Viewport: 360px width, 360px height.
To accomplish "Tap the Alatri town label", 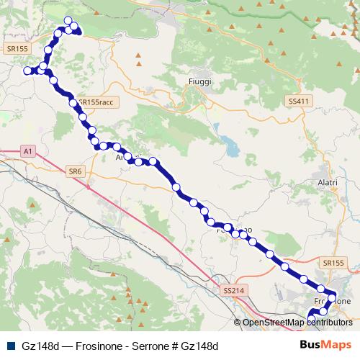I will (328, 184).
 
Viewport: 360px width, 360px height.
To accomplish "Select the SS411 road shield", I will (297, 102).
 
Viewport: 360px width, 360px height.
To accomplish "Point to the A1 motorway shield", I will (27, 151).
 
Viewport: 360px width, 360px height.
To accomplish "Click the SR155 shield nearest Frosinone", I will (335, 264).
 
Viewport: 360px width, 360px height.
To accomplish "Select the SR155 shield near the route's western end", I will (16, 48).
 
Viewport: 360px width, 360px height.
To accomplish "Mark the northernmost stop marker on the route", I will (68, 21).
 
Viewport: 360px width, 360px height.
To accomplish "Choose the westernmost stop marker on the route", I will (27, 71).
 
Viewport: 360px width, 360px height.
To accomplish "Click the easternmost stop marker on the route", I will (332, 295).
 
